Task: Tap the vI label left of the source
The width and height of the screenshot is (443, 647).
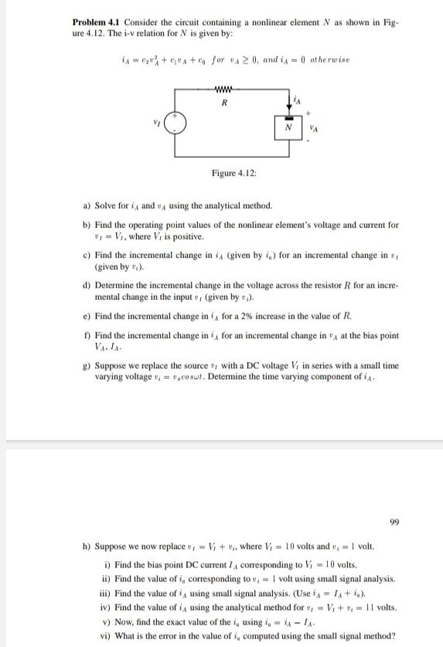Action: point(157,118)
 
